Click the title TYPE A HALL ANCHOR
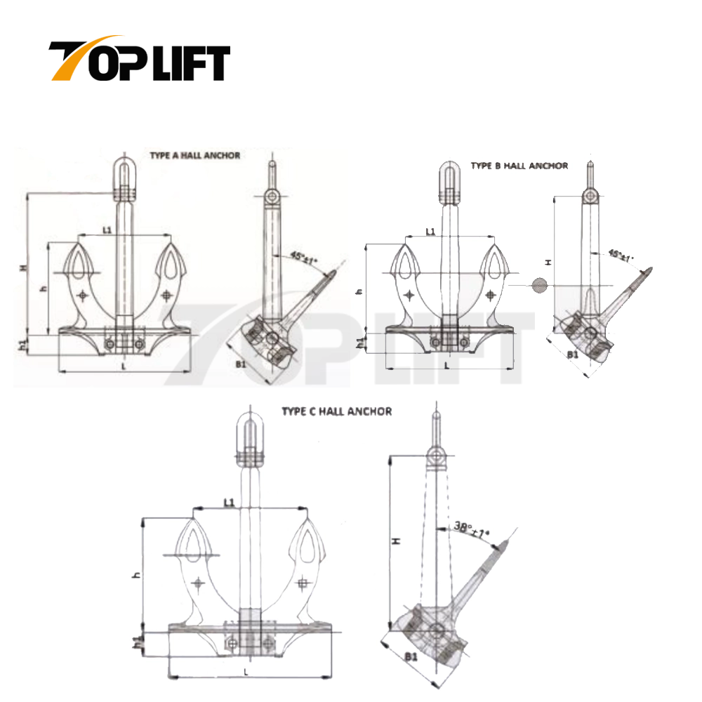[194, 155]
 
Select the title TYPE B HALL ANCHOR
[519, 166]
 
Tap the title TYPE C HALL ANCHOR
[337, 411]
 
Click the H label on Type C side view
[395, 541]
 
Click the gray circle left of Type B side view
[538, 285]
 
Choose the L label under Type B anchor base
[446, 364]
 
